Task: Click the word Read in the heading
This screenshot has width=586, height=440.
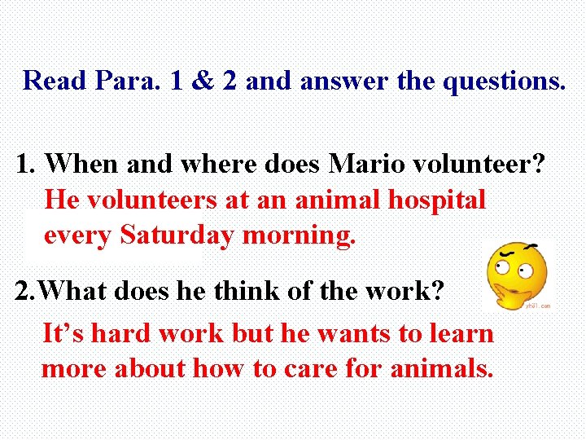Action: click(x=55, y=80)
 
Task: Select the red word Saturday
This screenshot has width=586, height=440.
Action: click(x=177, y=235)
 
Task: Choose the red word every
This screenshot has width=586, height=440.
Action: click(x=77, y=235)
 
